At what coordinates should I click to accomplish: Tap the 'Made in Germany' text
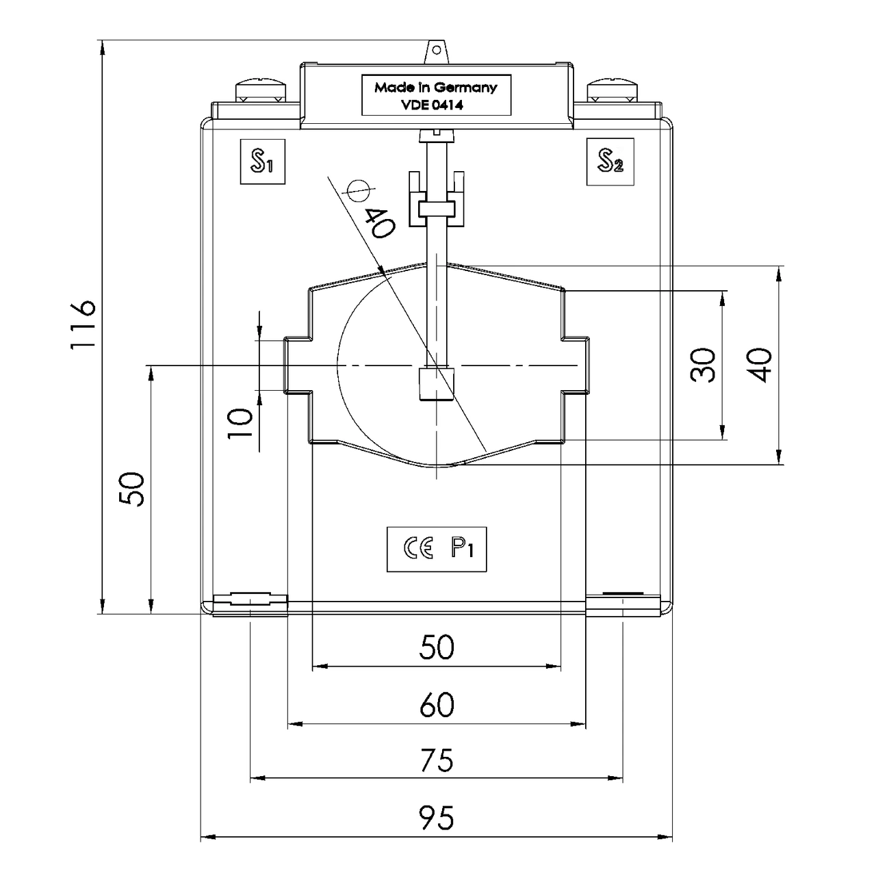(x=435, y=88)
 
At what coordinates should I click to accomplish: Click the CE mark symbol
(x=418, y=549)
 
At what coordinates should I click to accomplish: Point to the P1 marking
(x=463, y=549)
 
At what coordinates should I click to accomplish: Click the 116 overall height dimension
(x=83, y=325)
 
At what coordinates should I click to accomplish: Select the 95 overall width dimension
(x=437, y=817)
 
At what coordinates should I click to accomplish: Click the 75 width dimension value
(x=437, y=760)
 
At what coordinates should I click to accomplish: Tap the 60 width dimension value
(x=437, y=704)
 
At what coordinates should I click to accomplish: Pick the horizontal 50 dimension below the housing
(x=437, y=646)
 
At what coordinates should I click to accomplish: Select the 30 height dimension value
(x=703, y=365)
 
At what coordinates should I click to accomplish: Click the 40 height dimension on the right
(x=760, y=365)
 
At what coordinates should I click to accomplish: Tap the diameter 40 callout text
(x=381, y=222)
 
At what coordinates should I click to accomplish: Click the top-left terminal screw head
(x=261, y=90)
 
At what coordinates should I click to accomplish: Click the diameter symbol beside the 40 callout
(x=358, y=191)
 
